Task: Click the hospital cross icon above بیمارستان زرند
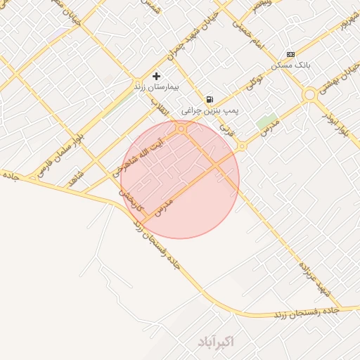[156, 76]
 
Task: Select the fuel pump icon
[210, 99]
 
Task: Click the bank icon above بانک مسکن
[290, 55]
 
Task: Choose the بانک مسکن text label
[291, 65]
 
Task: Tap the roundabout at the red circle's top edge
[181, 129]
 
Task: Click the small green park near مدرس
[266, 120]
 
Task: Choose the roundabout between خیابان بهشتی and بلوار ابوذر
[309, 94]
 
